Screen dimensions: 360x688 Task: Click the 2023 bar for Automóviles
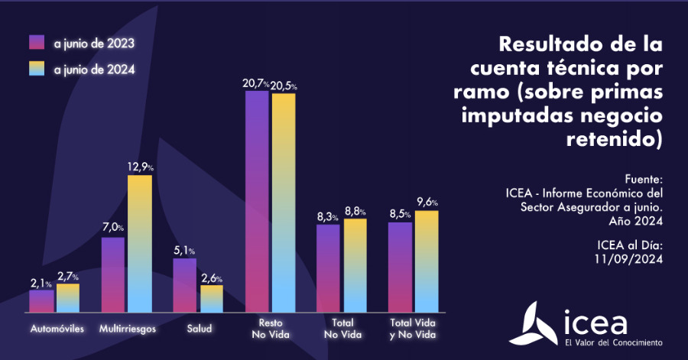point(41,301)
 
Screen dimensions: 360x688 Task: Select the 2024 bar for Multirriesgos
point(140,244)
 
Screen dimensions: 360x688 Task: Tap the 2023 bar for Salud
point(184,285)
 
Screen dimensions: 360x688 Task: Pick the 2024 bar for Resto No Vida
point(283,203)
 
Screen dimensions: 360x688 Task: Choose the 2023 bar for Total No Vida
point(328,268)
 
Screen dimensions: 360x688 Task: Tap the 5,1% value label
point(184,250)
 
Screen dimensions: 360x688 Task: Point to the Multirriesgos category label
point(128,329)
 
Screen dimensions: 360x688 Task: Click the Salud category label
point(199,329)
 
